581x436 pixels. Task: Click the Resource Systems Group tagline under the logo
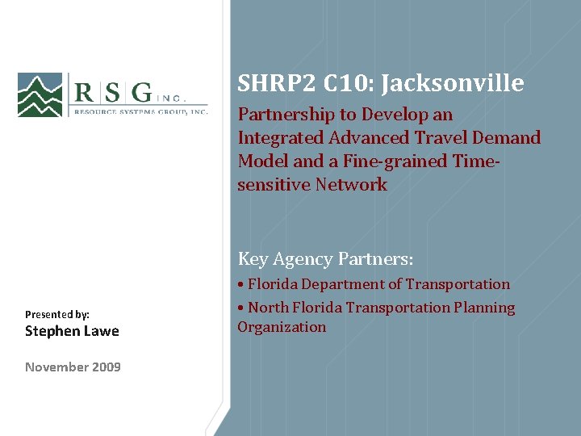coord(141,112)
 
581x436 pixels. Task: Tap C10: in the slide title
coord(341,83)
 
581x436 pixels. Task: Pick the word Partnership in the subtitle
coord(286,115)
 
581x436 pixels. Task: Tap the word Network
coord(351,185)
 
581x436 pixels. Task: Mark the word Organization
coord(282,327)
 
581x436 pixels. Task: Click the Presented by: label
coord(57,314)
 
